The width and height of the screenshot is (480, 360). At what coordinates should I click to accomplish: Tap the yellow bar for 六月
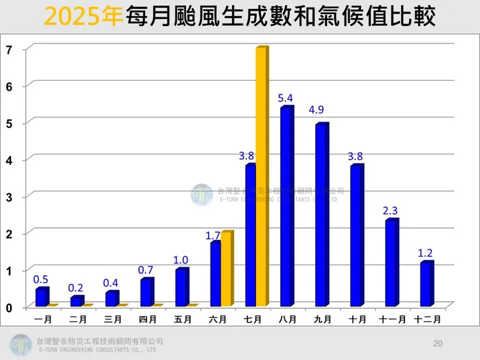click(x=226, y=269)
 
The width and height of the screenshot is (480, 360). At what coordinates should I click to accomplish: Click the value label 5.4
click(x=285, y=98)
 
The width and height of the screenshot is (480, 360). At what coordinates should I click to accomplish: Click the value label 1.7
click(x=213, y=236)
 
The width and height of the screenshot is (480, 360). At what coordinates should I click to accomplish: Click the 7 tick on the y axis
click(x=8, y=49)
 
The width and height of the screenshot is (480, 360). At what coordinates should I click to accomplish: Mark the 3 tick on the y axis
click(x=8, y=196)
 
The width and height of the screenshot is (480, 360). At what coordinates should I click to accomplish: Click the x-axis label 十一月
click(x=391, y=318)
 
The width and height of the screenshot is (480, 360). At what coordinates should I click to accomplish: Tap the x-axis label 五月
click(x=182, y=318)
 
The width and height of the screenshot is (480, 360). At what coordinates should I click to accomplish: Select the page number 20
click(x=438, y=344)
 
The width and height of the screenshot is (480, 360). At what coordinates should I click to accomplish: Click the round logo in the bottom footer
click(x=20, y=345)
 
